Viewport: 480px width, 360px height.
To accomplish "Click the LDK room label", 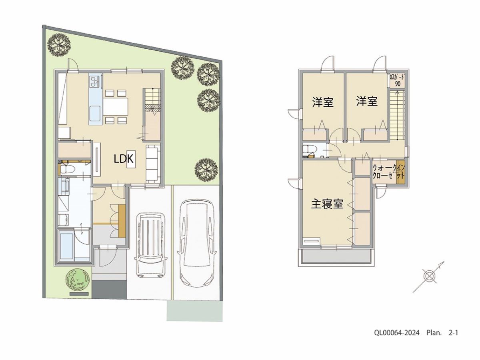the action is click(x=124, y=159).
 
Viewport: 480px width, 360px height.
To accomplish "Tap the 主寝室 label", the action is click(x=327, y=204).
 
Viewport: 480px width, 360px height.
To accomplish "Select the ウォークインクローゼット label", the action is click(x=388, y=172).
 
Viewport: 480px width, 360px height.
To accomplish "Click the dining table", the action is click(x=116, y=107).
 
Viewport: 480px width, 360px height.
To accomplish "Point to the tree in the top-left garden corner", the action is click(x=59, y=46).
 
